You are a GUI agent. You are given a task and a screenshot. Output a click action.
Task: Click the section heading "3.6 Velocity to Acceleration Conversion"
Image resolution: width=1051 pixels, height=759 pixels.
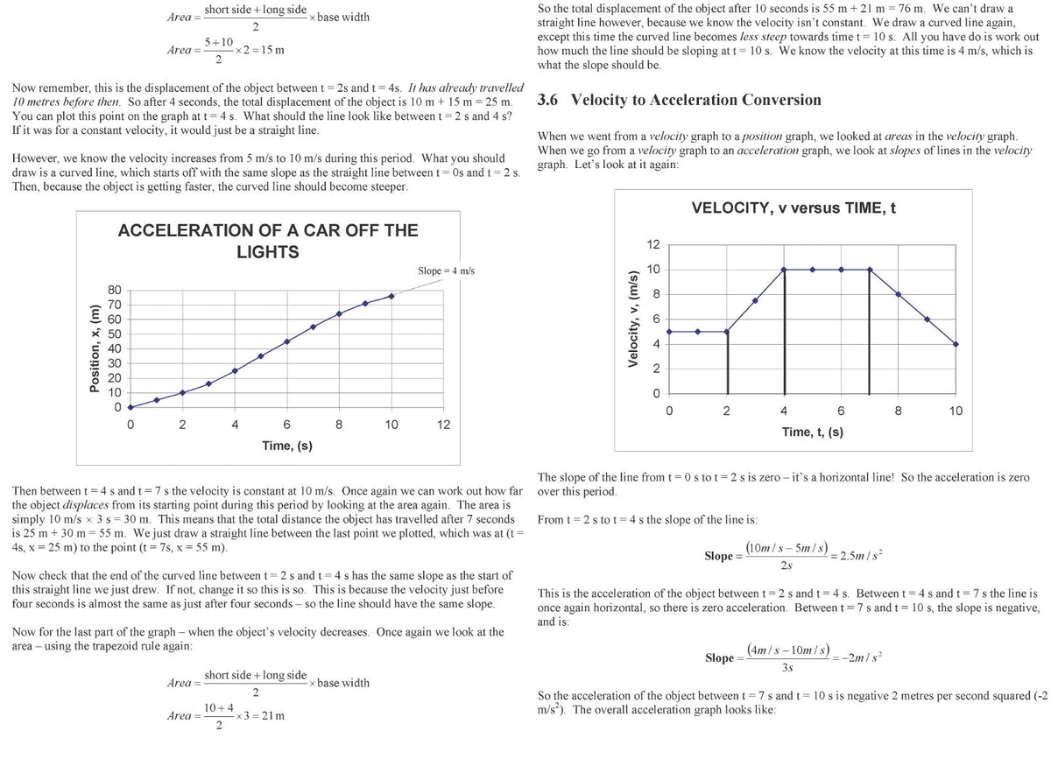point(679,100)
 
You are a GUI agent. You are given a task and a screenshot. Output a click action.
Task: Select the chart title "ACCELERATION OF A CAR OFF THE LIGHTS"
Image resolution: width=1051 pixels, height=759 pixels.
point(268,242)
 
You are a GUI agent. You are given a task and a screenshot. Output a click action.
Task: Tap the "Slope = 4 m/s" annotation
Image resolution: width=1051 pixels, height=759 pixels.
point(446,271)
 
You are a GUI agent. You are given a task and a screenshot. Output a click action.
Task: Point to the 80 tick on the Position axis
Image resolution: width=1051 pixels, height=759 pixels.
point(115,290)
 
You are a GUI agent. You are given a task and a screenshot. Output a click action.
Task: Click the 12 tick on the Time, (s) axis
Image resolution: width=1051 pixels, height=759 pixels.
point(444,425)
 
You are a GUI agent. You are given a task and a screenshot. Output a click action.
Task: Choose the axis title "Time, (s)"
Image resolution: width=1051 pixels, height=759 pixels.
point(287,446)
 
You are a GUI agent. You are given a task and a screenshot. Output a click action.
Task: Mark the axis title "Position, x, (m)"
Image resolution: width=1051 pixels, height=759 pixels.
point(95,348)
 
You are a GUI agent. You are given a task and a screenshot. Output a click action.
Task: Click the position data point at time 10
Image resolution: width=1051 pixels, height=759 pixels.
point(391,296)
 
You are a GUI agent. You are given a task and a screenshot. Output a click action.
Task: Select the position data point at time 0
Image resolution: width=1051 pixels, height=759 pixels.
point(130,407)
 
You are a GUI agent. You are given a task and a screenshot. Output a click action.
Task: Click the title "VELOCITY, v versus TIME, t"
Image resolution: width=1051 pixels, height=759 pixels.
point(794,208)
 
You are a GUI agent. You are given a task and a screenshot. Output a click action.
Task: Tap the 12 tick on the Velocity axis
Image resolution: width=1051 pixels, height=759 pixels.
point(653,244)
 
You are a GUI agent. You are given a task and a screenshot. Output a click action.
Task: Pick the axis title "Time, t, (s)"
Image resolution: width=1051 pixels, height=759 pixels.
point(813,432)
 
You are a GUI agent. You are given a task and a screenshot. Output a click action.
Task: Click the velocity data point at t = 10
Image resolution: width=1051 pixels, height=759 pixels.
point(956,344)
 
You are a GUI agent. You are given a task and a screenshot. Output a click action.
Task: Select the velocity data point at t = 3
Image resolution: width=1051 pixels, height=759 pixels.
point(755,300)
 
